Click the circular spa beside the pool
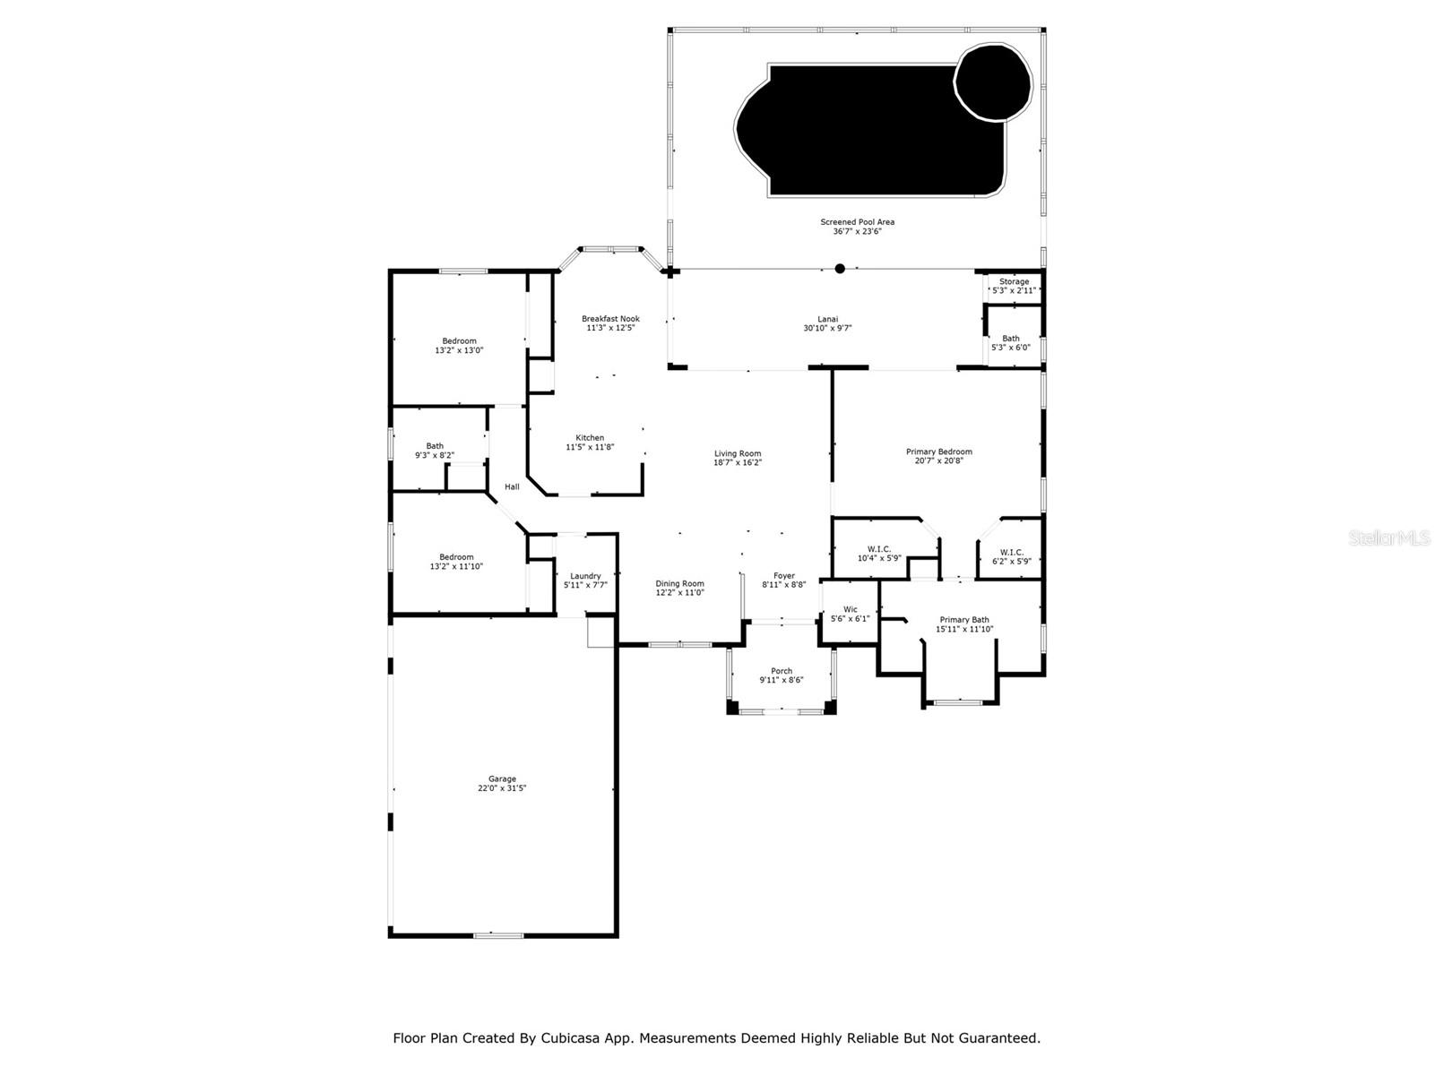(993, 82)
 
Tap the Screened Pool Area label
(857, 222)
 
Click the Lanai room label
(827, 319)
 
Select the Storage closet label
(1014, 281)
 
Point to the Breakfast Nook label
(610, 319)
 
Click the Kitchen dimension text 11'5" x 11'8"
(590, 447)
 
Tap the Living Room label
(738, 453)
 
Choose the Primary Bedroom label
(938, 451)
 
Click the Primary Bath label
(963, 620)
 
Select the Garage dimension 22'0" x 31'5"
(502, 788)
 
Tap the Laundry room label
(585, 576)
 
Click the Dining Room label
(679, 583)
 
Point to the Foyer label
(783, 576)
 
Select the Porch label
(782, 671)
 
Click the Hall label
(512, 486)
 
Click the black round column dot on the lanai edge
(840, 269)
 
